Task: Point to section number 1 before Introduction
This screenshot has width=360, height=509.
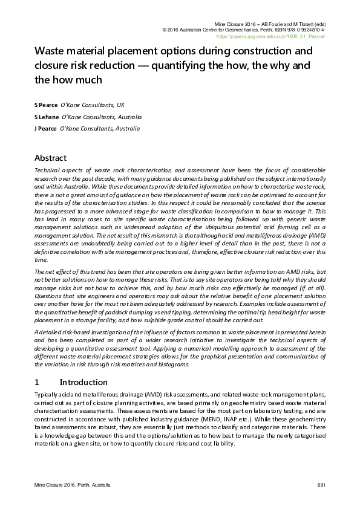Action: coord(37,382)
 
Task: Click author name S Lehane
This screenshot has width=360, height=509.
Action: coord(46,117)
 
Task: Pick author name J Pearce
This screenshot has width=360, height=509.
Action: coord(46,129)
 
